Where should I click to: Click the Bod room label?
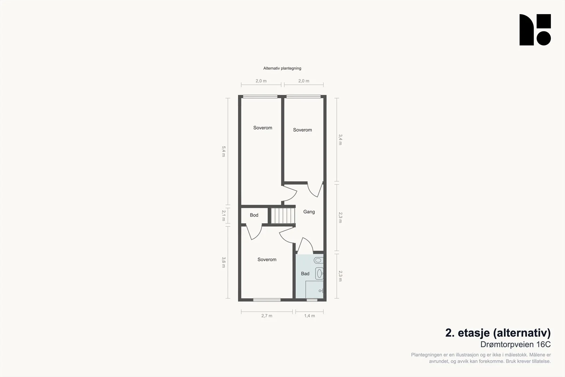(254, 215)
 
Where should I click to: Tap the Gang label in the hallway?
(309, 212)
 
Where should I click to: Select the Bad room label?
(305, 273)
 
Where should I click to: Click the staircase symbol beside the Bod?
(283, 216)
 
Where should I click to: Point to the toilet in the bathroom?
(319, 260)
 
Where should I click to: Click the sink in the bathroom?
(319, 273)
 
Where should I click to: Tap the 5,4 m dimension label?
(224, 152)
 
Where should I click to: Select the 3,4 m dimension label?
(340, 140)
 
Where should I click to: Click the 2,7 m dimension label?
(267, 316)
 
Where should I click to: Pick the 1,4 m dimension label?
(309, 316)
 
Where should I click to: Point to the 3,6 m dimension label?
(224, 263)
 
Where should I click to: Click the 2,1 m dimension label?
(224, 216)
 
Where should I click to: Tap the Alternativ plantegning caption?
(282, 68)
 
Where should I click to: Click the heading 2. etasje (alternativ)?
(498, 333)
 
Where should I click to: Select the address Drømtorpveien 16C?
(515, 344)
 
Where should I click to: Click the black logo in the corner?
(535, 30)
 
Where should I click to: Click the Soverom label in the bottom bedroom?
(267, 259)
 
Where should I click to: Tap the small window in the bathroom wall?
(312, 300)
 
